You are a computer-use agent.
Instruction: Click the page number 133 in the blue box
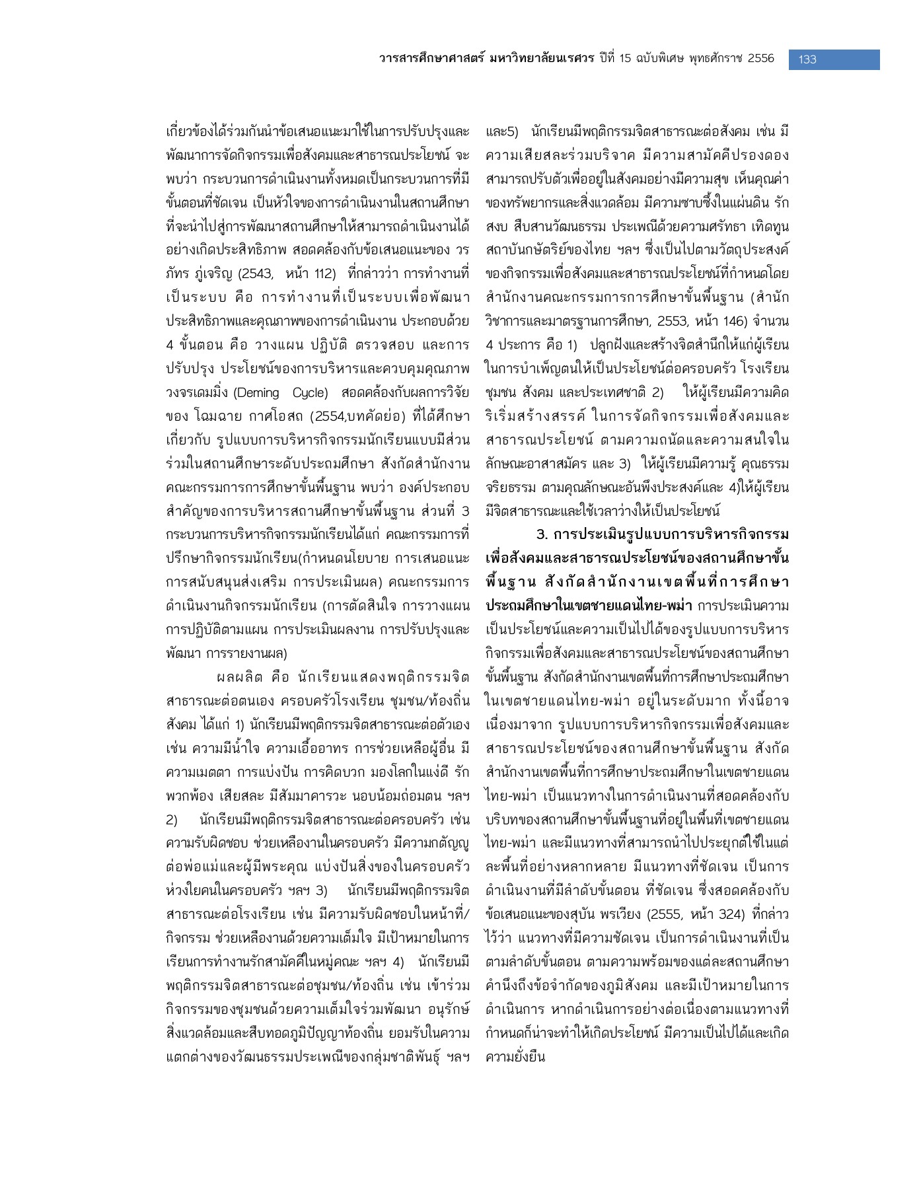(807, 59)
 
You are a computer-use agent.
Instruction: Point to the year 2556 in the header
(760, 59)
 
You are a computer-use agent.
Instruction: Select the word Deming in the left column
(257, 393)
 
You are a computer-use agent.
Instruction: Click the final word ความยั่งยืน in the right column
(515, 1057)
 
